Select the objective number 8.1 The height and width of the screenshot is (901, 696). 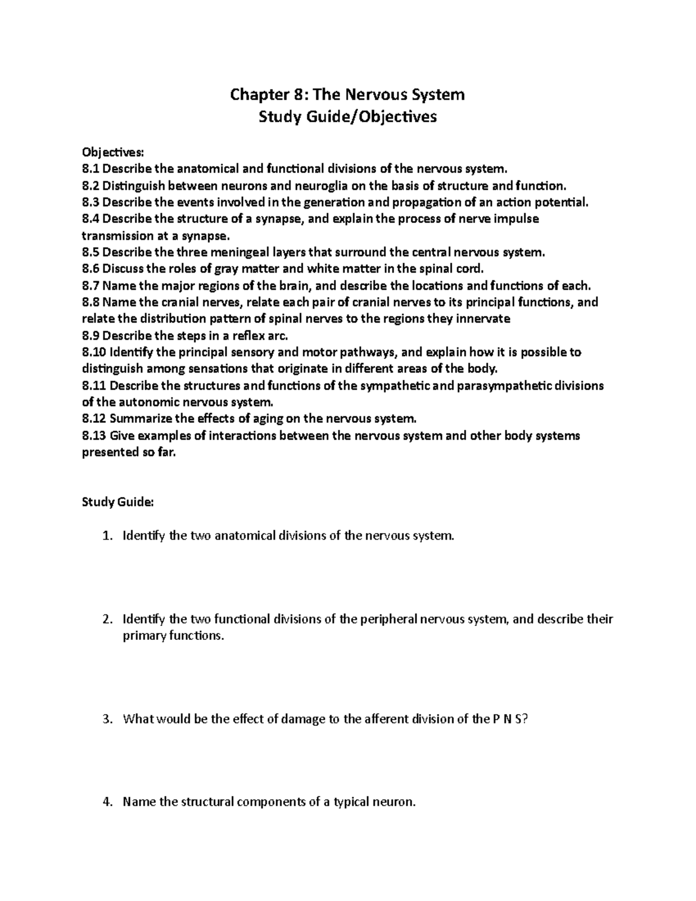point(91,169)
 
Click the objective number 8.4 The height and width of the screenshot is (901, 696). point(91,219)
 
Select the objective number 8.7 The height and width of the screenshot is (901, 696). point(91,285)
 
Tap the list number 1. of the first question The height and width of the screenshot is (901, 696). point(106,535)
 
